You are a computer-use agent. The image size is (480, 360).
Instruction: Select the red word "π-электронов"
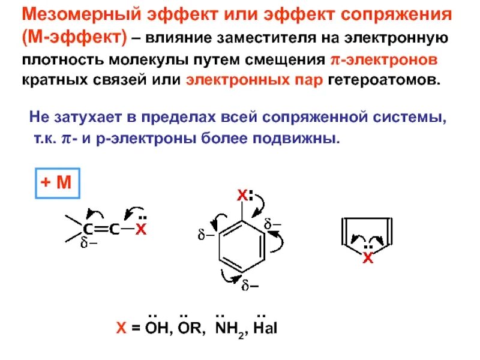coord(383,61)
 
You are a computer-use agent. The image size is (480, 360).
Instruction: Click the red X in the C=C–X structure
coord(140,229)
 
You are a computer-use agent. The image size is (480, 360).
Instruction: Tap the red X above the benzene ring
coord(241,196)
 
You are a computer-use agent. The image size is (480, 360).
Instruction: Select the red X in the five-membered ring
coord(368,259)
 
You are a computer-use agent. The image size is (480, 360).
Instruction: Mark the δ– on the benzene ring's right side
coord(273,225)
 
